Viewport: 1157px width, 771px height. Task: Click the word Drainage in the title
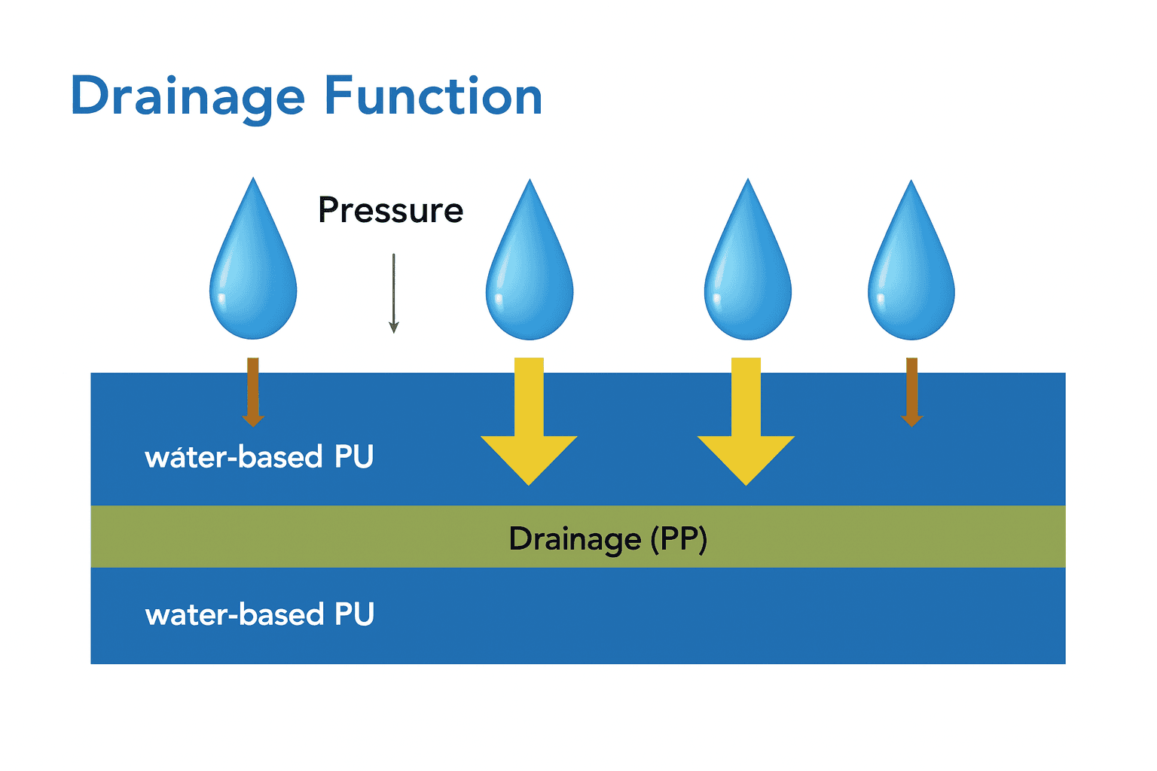click(x=187, y=96)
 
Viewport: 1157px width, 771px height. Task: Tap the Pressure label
click(x=390, y=210)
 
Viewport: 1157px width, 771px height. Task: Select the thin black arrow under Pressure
click(x=393, y=294)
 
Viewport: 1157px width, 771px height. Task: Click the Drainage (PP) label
click(x=607, y=539)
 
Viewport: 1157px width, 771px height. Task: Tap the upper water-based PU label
click(x=259, y=457)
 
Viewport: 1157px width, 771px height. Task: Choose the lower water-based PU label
click(x=259, y=614)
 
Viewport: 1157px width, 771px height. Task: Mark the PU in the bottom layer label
click(x=354, y=614)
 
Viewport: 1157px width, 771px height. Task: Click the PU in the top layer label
click(x=354, y=457)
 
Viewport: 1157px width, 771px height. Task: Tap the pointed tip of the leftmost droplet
click(x=253, y=181)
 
